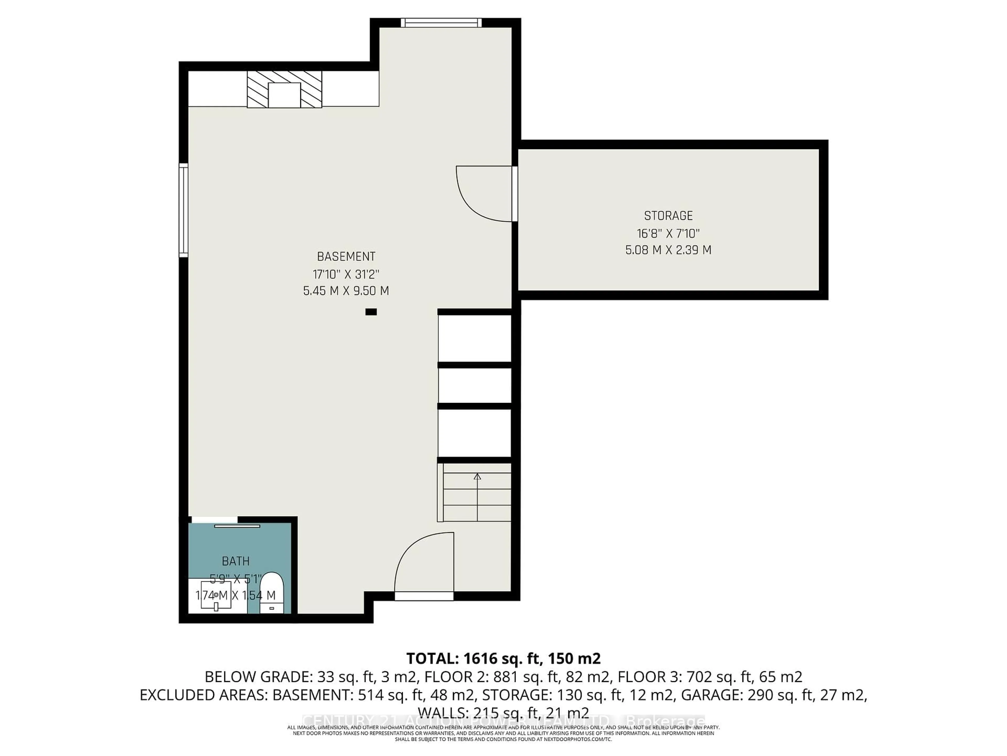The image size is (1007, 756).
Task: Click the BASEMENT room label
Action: coord(346,256)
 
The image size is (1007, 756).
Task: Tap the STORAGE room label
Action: coord(668,216)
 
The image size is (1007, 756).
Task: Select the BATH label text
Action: coord(235,561)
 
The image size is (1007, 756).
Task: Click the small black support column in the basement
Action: coord(371,312)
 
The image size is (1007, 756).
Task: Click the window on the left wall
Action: coord(184,210)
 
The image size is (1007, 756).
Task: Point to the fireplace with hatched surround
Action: coord(284,89)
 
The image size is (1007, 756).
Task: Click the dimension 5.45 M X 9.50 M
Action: coord(346,291)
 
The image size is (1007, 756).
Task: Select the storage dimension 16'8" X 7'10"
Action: coord(668,233)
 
